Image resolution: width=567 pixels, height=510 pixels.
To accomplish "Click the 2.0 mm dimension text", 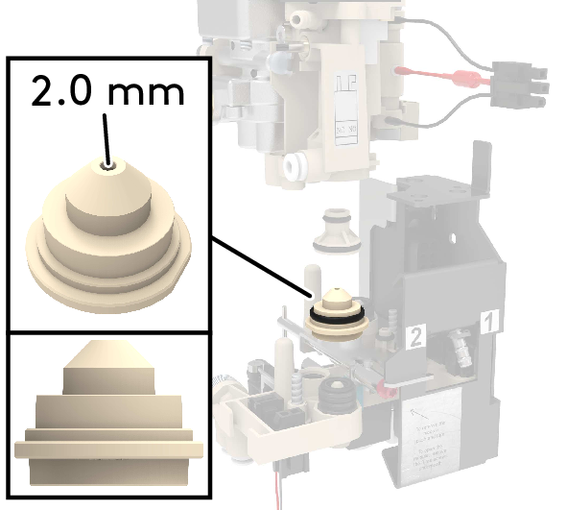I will (106, 92).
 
